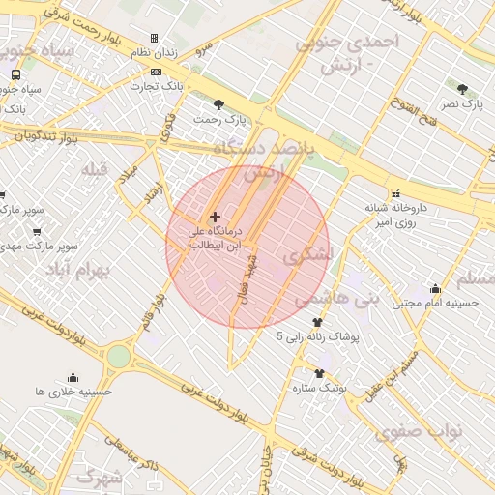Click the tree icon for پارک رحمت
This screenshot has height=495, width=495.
pyautogui.click(x=219, y=104)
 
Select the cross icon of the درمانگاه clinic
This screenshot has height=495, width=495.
pyautogui.click(x=214, y=217)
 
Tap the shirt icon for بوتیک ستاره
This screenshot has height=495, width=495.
pyautogui.click(x=319, y=373)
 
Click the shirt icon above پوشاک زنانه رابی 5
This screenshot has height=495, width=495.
pyautogui.click(x=317, y=323)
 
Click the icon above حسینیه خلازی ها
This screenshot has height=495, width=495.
pyautogui.click(x=73, y=378)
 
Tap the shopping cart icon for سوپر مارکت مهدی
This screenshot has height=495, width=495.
pyautogui.click(x=36, y=232)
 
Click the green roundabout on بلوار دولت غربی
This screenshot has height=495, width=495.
pyautogui.click(x=118, y=357)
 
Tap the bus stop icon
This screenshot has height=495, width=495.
pyautogui.click(x=15, y=74)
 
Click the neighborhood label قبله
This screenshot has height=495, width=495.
pyautogui.click(x=94, y=171)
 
